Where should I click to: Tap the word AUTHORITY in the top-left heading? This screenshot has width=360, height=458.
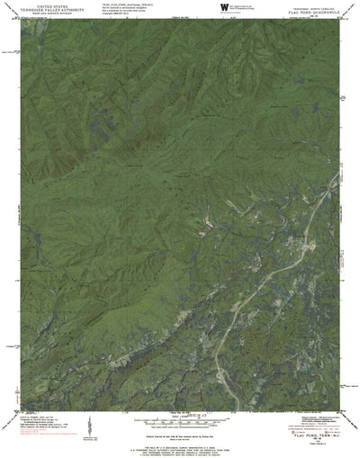click(71, 9)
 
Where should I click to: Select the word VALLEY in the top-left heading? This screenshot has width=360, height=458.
click(49, 9)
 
